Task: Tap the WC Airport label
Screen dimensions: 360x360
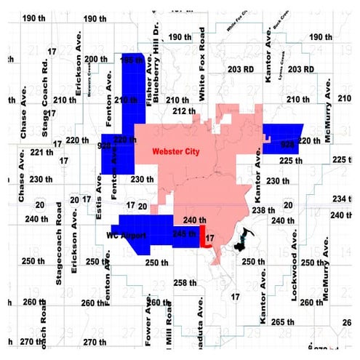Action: click(x=127, y=236)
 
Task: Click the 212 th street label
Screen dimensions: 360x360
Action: click(x=185, y=111)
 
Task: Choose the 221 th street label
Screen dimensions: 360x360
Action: click(x=41, y=151)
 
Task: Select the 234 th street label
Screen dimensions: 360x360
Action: click(x=341, y=199)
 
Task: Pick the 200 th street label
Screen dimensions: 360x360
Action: click(x=96, y=59)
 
